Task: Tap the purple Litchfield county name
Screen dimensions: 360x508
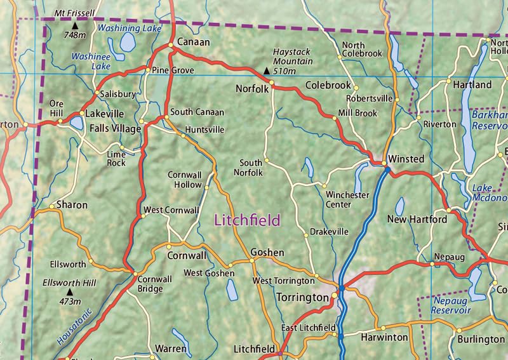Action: click(x=247, y=220)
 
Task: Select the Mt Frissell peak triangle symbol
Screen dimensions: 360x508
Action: click(x=75, y=25)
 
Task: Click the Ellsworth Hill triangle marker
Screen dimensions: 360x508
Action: click(x=69, y=292)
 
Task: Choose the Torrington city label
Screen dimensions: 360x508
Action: click(x=302, y=297)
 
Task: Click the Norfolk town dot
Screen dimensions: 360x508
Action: click(x=272, y=83)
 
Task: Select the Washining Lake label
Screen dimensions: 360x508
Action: click(x=130, y=28)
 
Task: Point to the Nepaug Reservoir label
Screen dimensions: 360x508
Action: click(x=450, y=305)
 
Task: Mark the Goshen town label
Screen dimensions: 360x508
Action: click(x=267, y=252)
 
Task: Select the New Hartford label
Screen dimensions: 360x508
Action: click(x=417, y=220)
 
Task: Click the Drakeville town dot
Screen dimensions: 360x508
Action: click(x=306, y=235)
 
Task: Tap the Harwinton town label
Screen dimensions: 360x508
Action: click(x=384, y=337)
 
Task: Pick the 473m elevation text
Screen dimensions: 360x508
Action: click(x=69, y=301)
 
